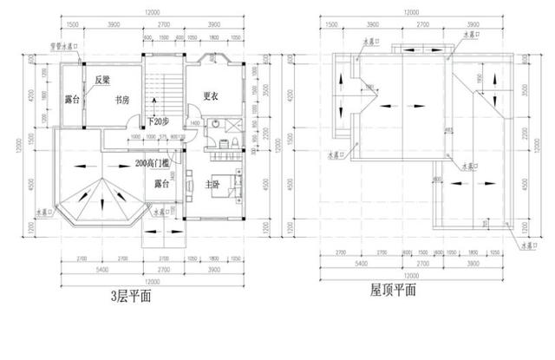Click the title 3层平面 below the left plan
(x=131, y=296)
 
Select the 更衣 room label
(x=209, y=96)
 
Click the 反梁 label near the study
(x=102, y=81)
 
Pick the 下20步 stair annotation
(x=159, y=121)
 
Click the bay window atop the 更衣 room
(x=212, y=60)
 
